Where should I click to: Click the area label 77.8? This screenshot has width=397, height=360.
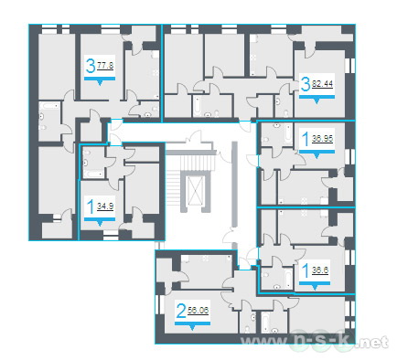[x=105, y=66]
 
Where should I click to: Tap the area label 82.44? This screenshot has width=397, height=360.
[x=323, y=83]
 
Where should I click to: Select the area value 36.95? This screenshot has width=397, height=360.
[x=323, y=139]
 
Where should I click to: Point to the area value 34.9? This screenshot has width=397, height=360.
[x=105, y=206]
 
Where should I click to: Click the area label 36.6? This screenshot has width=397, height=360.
[x=320, y=270]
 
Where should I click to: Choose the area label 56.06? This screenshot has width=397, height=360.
[x=198, y=311]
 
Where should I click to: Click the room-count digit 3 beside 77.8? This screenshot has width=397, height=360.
[x=91, y=66]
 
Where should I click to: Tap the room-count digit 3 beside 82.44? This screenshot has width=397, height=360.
[x=306, y=84]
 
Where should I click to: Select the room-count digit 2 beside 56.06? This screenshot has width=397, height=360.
[x=181, y=312]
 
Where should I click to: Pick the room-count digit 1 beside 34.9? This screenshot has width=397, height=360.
[x=91, y=206]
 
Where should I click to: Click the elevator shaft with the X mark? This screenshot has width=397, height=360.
[x=196, y=190]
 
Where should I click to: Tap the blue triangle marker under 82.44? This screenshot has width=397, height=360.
[x=317, y=101]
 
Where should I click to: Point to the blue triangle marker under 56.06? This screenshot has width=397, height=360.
[x=192, y=328]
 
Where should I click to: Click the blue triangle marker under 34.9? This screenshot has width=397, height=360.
[x=100, y=223]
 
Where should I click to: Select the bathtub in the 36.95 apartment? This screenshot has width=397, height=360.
[x=288, y=133]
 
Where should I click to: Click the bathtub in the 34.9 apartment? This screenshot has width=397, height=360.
[x=94, y=175]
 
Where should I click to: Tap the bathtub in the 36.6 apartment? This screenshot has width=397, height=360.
[x=287, y=279]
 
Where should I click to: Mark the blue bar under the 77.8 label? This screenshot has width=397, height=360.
[x=100, y=79]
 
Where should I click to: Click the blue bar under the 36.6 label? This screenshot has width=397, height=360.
[x=315, y=283]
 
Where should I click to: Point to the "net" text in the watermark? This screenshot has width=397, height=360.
[x=377, y=343]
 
